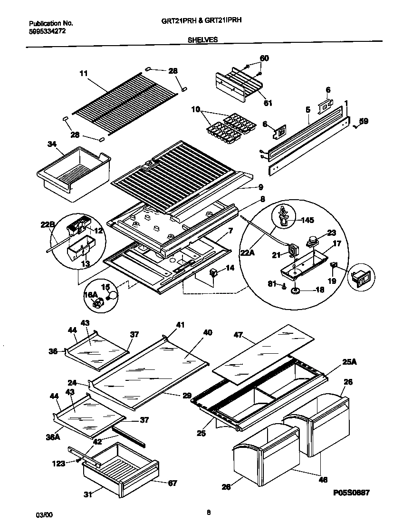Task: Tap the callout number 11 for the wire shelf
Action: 84,73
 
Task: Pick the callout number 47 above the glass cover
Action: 239,335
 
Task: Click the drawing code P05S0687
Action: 351,493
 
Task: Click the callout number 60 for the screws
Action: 264,58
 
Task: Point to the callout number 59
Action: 364,121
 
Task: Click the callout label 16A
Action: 91,295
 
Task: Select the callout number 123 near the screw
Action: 59,463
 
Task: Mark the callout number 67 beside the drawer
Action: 172,483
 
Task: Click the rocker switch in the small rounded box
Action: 360,279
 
